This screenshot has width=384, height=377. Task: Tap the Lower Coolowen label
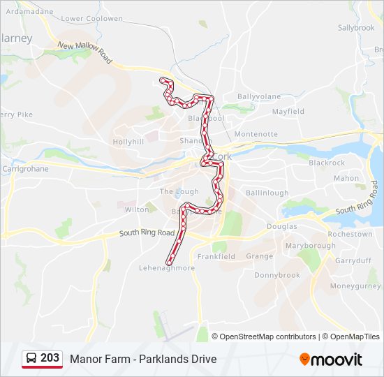(91, 19)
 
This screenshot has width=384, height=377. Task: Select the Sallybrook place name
(356, 28)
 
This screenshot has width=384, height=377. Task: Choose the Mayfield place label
(288, 112)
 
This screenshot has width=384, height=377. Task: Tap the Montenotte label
(256, 134)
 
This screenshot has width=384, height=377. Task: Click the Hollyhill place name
(128, 142)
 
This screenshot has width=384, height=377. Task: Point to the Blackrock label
(327, 163)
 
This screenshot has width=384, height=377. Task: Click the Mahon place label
(346, 179)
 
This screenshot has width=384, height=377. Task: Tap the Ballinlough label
(267, 193)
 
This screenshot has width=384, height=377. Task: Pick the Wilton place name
(137, 209)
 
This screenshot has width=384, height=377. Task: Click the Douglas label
(281, 226)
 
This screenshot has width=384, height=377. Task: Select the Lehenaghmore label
(167, 268)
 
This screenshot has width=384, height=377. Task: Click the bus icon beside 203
(31, 359)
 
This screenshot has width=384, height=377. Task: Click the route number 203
(50, 358)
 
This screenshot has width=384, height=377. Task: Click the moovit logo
(331, 360)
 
